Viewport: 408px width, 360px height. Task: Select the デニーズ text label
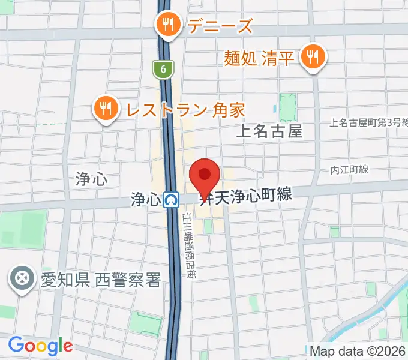coord(220,26)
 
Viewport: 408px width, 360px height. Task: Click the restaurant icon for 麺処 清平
coord(312,58)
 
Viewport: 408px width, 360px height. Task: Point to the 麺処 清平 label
coord(259,58)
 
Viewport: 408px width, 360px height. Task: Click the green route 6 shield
coord(163,70)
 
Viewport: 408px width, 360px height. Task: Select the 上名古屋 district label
coord(269,131)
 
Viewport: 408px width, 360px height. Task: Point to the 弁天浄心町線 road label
coord(246,196)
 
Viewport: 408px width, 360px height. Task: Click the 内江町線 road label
coord(349,170)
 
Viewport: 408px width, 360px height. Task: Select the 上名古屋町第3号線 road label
coord(368,122)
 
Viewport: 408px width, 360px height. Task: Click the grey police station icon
coord(22,279)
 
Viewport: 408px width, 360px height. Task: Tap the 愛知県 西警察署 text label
coord(101,279)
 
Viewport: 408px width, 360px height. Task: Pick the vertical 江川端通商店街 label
coord(194,239)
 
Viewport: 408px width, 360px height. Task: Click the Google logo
coord(40,346)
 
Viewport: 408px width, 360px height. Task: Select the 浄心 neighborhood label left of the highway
coord(91,178)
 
